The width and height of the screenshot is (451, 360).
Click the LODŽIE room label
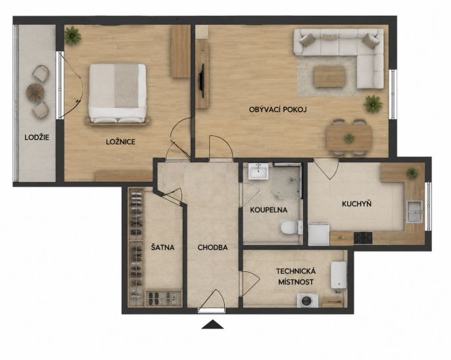click(37, 137)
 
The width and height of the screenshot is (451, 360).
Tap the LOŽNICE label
click(120, 142)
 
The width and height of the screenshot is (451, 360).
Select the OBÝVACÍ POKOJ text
click(278, 110)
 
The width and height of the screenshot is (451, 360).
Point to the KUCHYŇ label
click(356, 204)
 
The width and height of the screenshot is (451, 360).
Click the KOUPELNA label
click(269, 210)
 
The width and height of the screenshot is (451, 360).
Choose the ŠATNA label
click(163, 247)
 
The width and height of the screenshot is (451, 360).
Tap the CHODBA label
click(212, 248)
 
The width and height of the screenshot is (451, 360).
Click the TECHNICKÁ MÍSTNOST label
click(296, 277)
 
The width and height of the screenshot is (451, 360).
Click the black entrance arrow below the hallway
click(212, 324)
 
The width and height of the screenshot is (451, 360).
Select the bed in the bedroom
click(117, 94)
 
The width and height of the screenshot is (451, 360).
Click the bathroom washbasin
click(258, 171)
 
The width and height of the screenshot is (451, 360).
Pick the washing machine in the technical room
click(308, 300)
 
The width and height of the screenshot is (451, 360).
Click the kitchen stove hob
click(363, 238)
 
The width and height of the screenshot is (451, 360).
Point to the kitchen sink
click(414, 212)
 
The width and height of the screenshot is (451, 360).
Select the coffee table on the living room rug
click(329, 76)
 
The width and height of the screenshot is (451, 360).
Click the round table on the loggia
click(35, 92)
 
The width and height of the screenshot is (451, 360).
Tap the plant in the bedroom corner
click(72, 35)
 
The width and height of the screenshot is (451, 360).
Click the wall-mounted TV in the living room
click(202, 80)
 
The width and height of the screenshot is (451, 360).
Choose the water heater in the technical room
click(339, 275)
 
